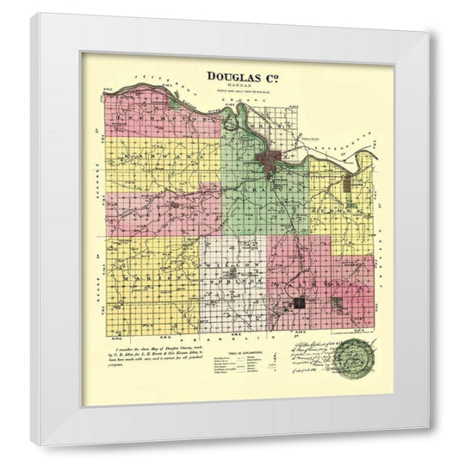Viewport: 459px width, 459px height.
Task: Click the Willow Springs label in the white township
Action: (233, 276)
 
